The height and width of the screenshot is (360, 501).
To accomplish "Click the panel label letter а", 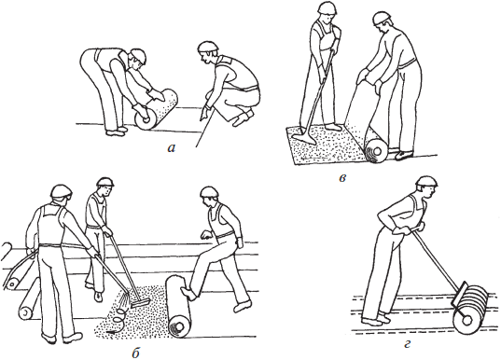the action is coord(172,148).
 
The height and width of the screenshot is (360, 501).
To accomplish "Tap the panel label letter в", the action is coord(342,178).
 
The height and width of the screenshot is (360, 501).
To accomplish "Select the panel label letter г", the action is coord(407,345).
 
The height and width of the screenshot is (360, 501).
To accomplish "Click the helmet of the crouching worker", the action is coord(208,47).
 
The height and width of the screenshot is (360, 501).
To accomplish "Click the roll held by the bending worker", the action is coord(156,109).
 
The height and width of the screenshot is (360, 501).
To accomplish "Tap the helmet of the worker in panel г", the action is coord(427,182).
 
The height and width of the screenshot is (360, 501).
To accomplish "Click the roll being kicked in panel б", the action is coord(178,306).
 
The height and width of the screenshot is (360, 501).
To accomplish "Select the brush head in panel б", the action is coord(141,303).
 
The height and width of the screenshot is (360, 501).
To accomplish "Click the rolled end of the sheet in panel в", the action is coord(376,151).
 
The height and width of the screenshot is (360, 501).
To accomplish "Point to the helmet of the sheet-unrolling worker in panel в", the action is coord(383,19).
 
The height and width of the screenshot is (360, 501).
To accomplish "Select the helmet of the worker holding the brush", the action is coord(105,182).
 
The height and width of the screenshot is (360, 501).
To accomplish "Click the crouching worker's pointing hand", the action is coord(203,114).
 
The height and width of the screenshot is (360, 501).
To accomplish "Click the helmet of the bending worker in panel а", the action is coord(139,56).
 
